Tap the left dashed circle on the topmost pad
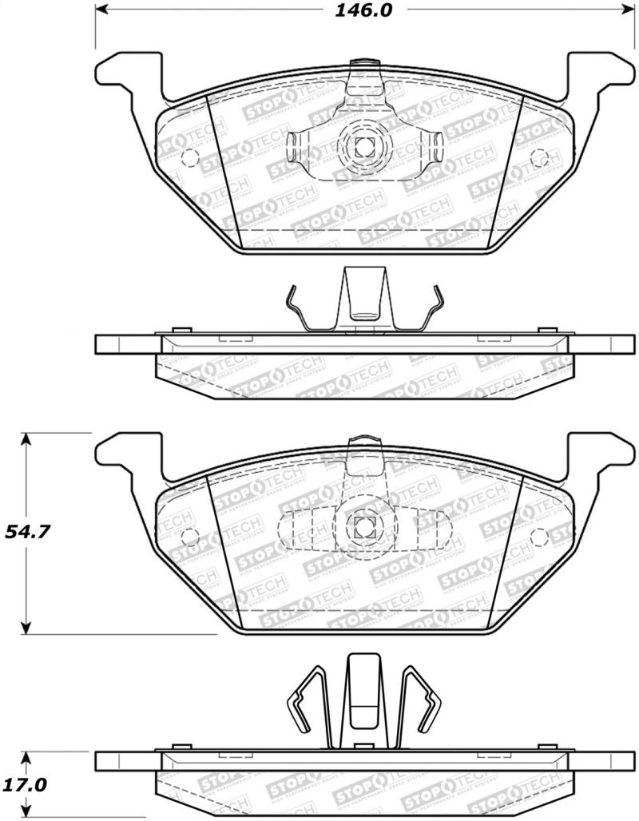pos(191,157)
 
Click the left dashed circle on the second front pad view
pos(190,536)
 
